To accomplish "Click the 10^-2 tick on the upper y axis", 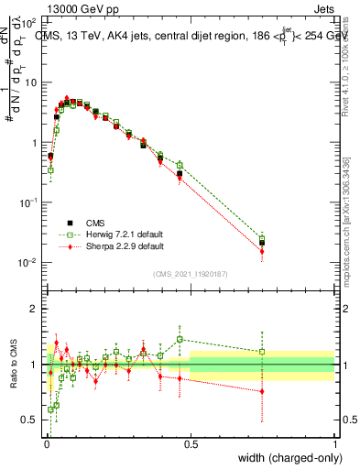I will pos(30,263).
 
